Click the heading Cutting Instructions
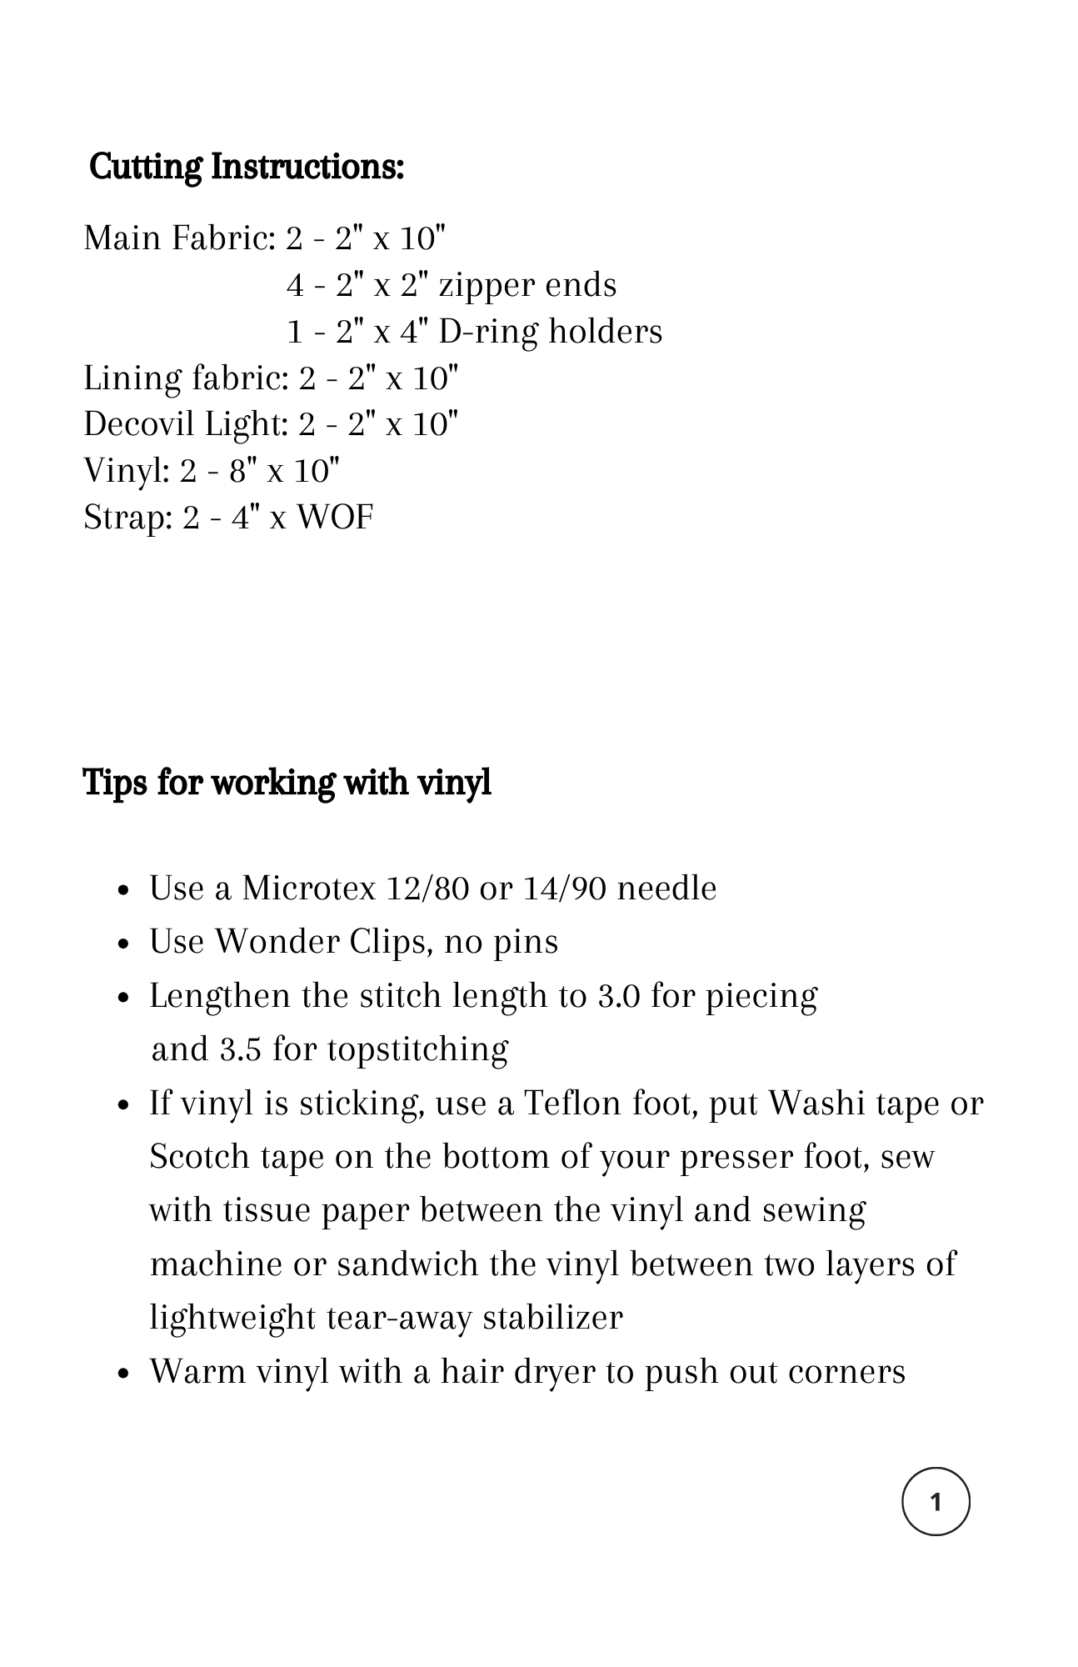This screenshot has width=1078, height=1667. pyautogui.click(x=247, y=167)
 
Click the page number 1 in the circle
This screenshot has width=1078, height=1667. pyautogui.click(x=936, y=1502)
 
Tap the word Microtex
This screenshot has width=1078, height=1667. pyautogui.click(x=309, y=889)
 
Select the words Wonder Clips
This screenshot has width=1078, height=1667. pyautogui.click(x=324, y=942)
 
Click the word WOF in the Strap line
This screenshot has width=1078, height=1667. pyautogui.click(x=335, y=518)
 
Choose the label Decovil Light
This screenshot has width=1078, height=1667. pyautogui.click(x=184, y=424)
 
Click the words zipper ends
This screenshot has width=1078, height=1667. pyautogui.click(x=527, y=285)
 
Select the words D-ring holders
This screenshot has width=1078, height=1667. pyautogui.click(x=550, y=332)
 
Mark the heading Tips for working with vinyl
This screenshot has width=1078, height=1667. pyautogui.click(x=287, y=783)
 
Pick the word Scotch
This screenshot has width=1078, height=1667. pyautogui.click(x=199, y=1157)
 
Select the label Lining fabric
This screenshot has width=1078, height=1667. pyautogui.click(x=184, y=378)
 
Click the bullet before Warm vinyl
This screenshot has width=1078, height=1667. pyautogui.click(x=123, y=1373)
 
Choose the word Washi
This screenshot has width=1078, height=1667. pyautogui.click(x=816, y=1104)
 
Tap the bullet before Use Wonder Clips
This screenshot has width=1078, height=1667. pyautogui.click(x=123, y=944)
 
